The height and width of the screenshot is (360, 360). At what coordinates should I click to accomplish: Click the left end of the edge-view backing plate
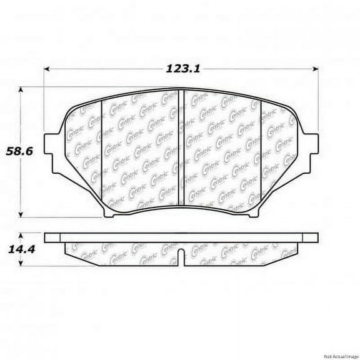(47, 237)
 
